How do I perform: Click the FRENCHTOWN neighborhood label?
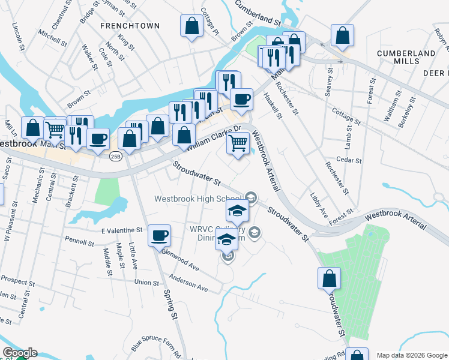coord(122,26)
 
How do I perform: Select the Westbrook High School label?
coord(197,199)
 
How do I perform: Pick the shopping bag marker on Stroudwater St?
coord(329,278)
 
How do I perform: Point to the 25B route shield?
coord(116,156)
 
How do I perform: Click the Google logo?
coord(19,353)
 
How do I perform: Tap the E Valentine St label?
coord(121,230)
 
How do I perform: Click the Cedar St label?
coord(350,160)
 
